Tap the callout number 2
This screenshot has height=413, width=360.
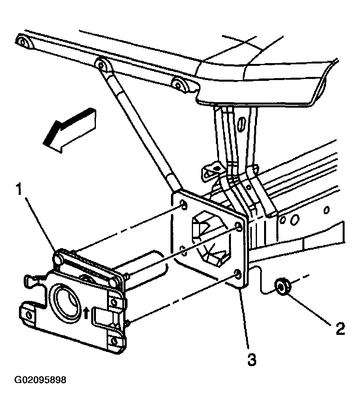pos(340,329)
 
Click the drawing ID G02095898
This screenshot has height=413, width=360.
pos(40,380)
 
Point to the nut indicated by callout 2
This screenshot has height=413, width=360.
pos(282,286)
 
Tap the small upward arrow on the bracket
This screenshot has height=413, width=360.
pos(86,314)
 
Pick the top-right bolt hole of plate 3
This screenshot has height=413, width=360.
pos(238,226)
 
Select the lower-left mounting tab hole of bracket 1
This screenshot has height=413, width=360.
pos(29,315)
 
